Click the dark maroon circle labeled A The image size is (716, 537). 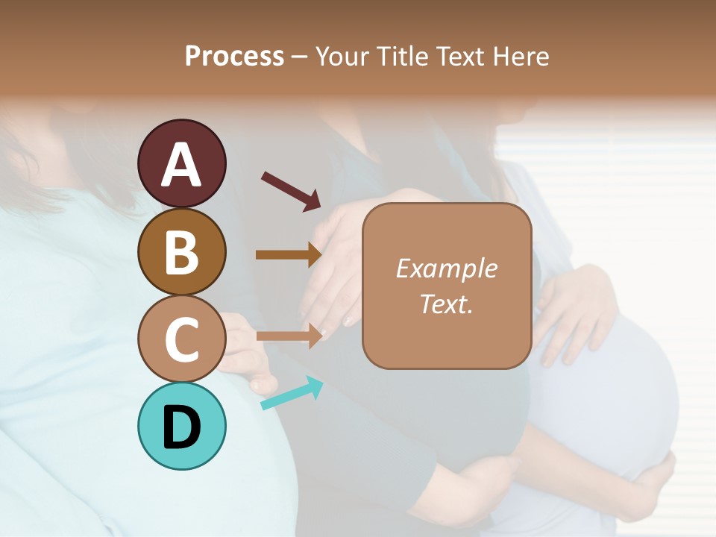pos(181,163)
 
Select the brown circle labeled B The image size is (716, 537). pos(181,251)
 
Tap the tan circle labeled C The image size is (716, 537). pos(181,339)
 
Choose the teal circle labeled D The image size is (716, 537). pos(181,426)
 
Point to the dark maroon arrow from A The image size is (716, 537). pos(291,191)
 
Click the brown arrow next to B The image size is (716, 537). pos(289,254)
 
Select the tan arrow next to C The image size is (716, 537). pos(289,336)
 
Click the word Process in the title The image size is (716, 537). pos(234,57)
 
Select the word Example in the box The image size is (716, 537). pos(446,268)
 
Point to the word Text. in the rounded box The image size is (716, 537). pos(446,304)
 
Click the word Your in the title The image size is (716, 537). pos(342,57)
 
